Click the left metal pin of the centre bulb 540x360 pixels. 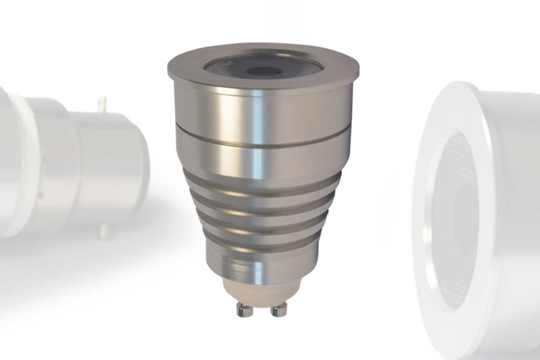[x=245, y=310]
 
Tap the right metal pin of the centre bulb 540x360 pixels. [x=279, y=310]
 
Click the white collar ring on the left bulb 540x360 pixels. [x=27, y=165]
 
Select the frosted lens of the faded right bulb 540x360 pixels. [x=454, y=219]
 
